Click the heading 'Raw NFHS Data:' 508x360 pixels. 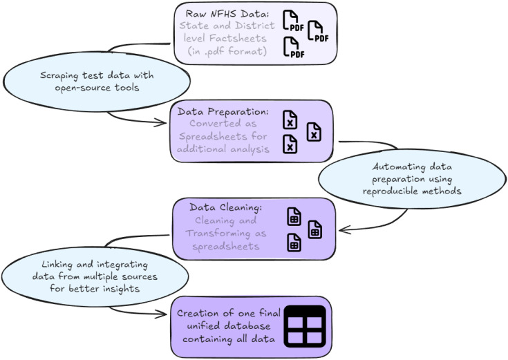(227, 14)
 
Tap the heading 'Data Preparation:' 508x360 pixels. (223, 111)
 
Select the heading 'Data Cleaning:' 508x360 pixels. (226, 207)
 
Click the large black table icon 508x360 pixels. (305, 326)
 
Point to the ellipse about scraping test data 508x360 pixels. (97, 82)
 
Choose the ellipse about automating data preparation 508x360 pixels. (412, 178)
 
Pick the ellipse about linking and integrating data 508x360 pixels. (95, 276)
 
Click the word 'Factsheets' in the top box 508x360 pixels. (238, 38)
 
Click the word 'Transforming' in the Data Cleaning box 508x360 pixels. (218, 234)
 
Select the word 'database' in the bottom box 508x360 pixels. (247, 325)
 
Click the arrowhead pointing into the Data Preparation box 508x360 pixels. (161, 122)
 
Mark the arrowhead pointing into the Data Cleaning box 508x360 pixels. (344, 230)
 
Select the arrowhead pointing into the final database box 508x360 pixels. (161, 314)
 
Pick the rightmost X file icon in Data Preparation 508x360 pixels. (314, 132)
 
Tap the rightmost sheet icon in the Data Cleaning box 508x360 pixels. (314, 229)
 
